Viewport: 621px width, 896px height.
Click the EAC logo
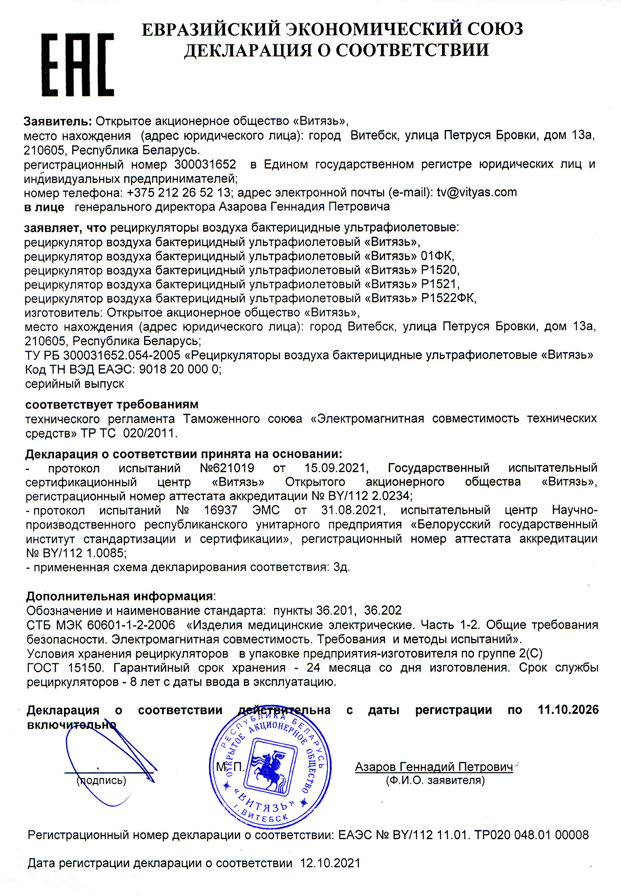tap(78, 65)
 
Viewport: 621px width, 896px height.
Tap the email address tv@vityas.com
tap(477, 192)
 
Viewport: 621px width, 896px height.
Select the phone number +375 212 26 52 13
tap(179, 193)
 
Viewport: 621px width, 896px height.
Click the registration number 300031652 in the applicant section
tap(205, 164)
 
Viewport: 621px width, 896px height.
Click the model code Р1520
tap(439, 270)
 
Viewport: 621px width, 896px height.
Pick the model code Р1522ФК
tap(448, 299)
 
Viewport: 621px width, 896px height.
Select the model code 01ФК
tap(437, 256)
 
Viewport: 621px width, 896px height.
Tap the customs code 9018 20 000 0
tap(179, 369)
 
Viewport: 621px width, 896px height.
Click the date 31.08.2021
tap(352, 510)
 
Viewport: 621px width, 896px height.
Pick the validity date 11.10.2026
tap(568, 710)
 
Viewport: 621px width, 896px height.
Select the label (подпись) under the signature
tap(101, 780)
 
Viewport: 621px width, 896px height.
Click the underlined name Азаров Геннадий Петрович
tap(434, 767)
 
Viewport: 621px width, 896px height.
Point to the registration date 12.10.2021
tap(330, 864)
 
